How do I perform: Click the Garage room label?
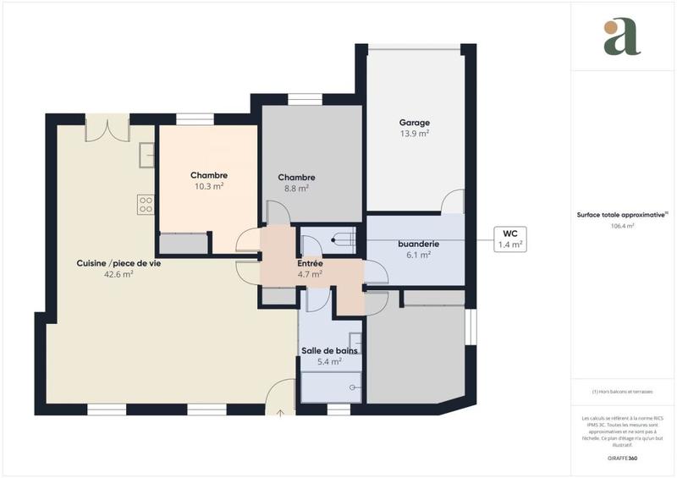(x=415, y=123)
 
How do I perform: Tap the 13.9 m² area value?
(x=415, y=134)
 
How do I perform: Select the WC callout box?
(x=509, y=239)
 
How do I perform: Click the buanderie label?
(x=419, y=244)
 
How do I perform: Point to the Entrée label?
(x=309, y=263)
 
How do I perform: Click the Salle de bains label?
(x=330, y=350)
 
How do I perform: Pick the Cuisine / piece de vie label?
(x=118, y=263)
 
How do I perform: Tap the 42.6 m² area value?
(x=118, y=274)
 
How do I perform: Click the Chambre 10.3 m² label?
(x=208, y=175)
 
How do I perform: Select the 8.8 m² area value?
(x=296, y=189)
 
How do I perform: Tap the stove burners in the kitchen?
(x=146, y=203)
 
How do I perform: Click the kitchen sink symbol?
(x=146, y=156)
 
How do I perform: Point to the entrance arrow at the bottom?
(x=281, y=412)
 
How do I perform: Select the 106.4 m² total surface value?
(x=622, y=226)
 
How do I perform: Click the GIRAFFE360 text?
(x=622, y=458)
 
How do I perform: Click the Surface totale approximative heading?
(x=622, y=215)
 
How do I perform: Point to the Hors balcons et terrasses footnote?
(x=622, y=392)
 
